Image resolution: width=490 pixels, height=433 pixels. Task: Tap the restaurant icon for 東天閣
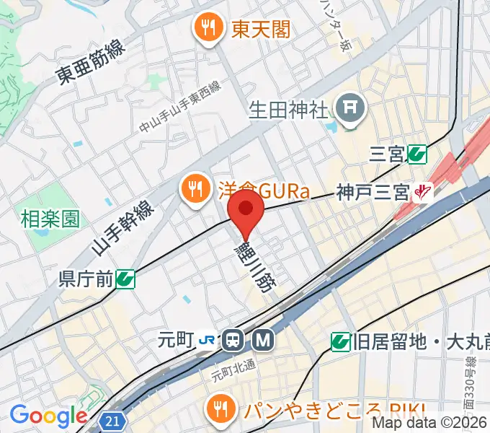coord(208,28)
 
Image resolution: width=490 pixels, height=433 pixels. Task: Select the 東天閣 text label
coord(261,28)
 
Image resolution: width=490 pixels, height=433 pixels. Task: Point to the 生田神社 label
coord(288,110)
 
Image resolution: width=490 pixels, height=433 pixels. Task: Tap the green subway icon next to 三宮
coord(416,153)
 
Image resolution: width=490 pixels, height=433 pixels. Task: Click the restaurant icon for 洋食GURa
coord(194,191)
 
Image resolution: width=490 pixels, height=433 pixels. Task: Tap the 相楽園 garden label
coord(50,219)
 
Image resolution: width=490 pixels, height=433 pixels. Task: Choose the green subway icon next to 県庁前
coord(125,279)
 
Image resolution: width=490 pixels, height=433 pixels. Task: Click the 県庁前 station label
coord(86,279)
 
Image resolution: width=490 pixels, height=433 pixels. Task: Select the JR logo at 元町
coord(208,338)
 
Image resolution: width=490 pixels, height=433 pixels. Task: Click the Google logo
coord(48,416)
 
